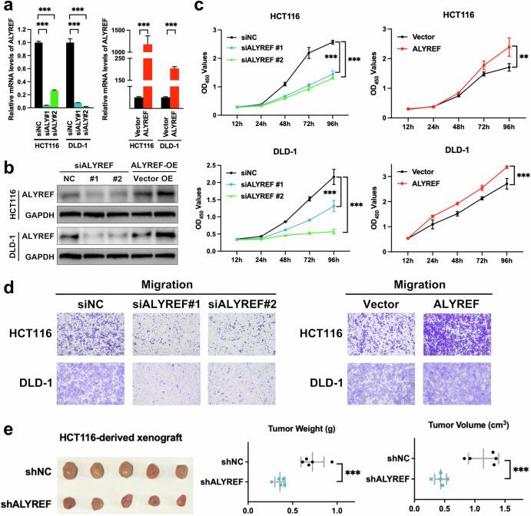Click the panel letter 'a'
[6, 8]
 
